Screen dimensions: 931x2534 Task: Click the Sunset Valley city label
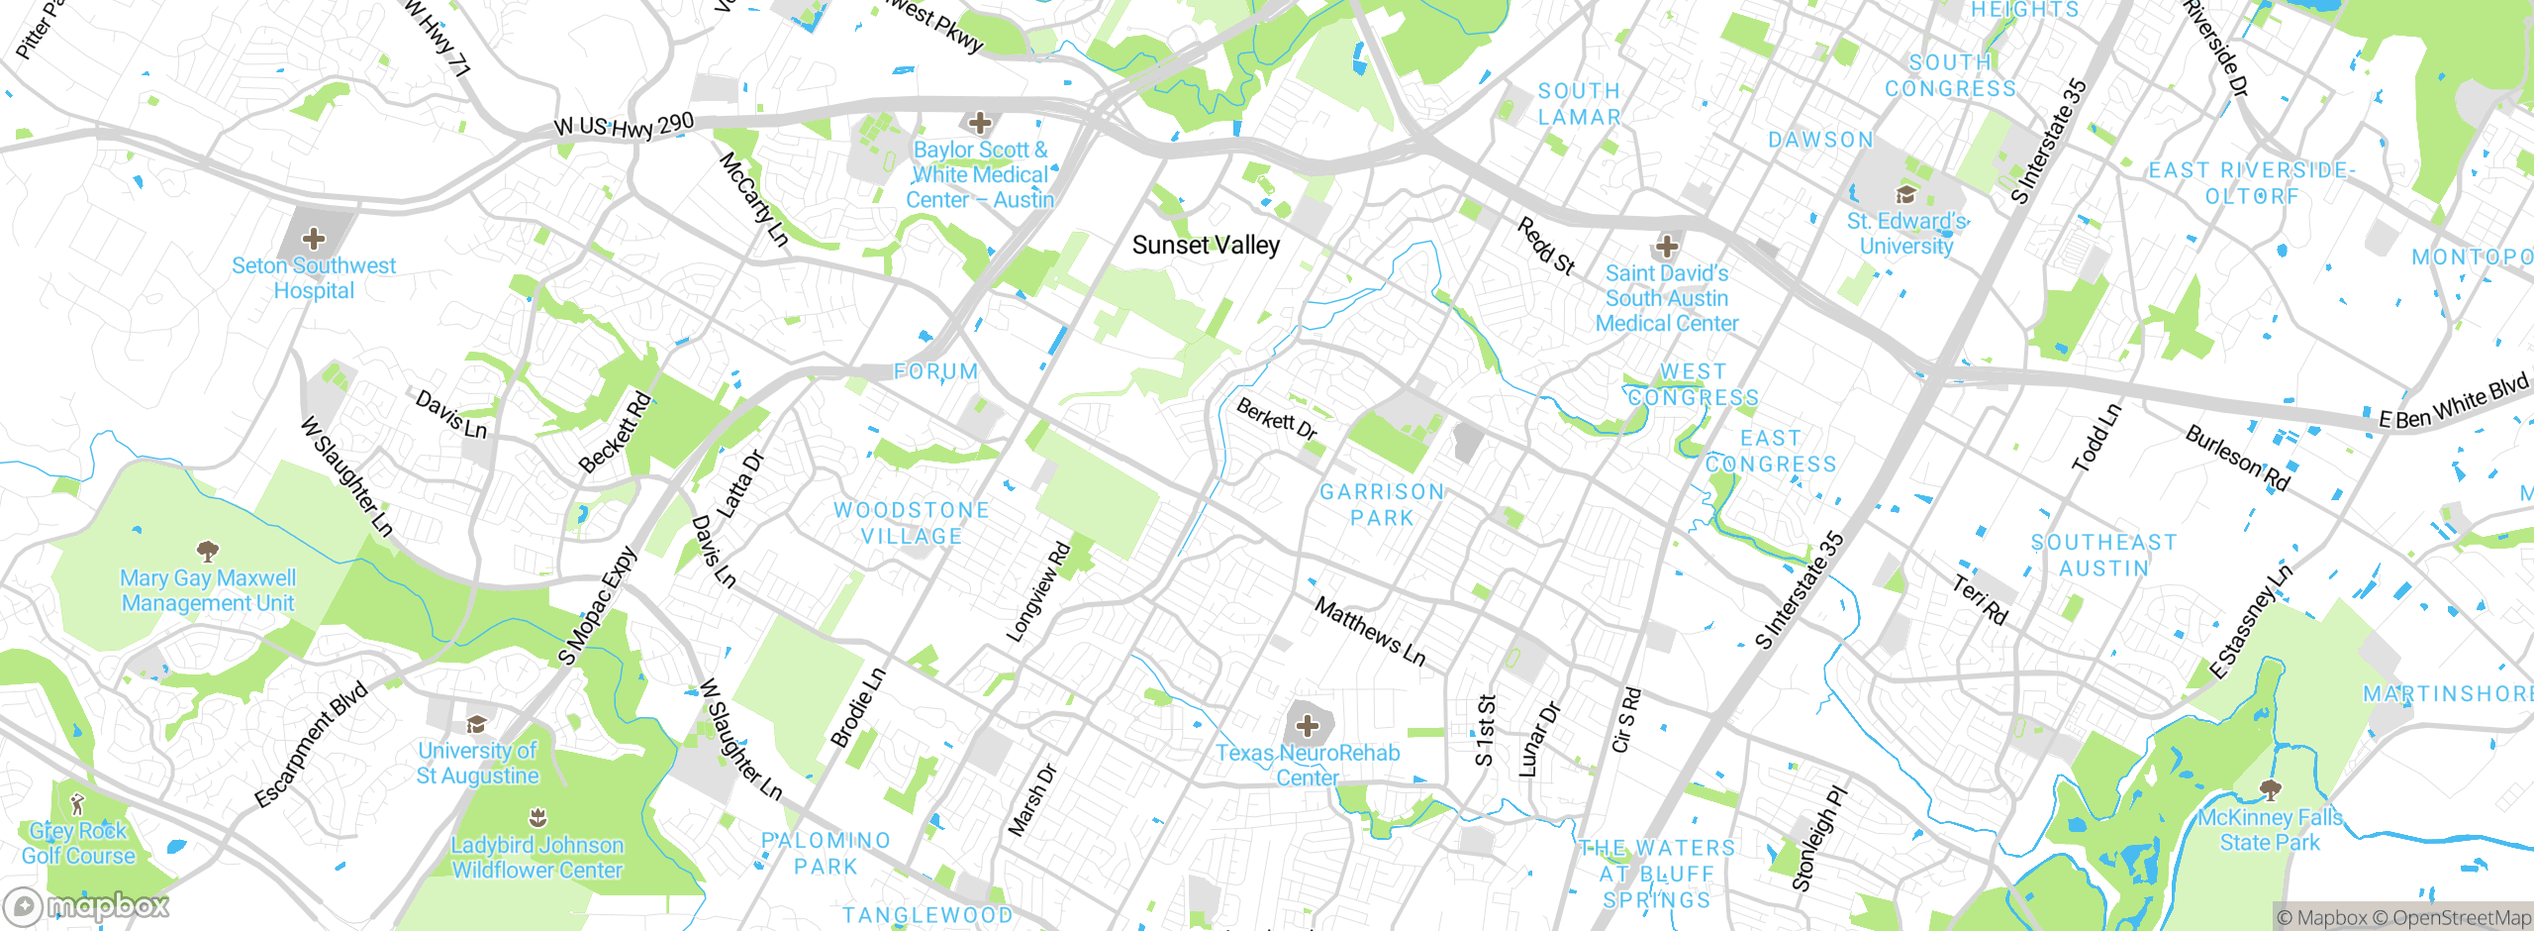(x=1206, y=245)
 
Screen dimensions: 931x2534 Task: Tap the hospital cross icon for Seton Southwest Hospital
(x=314, y=239)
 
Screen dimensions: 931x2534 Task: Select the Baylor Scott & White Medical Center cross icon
(x=980, y=123)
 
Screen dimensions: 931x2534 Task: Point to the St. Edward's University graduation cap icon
(x=1905, y=194)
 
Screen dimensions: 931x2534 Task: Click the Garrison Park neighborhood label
(x=1382, y=504)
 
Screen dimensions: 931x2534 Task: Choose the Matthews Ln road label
(x=1370, y=631)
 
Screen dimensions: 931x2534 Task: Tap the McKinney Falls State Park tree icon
(x=2270, y=789)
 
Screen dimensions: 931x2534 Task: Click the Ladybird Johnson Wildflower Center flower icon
(x=537, y=817)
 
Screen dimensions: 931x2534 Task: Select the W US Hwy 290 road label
(x=624, y=127)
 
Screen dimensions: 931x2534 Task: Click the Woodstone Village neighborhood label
(x=911, y=523)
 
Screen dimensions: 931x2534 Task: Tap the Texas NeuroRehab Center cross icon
(x=1308, y=726)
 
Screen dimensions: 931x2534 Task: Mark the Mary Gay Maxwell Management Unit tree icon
(x=207, y=550)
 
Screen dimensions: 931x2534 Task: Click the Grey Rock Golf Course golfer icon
(x=78, y=803)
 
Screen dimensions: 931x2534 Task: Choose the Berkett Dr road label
(x=1277, y=419)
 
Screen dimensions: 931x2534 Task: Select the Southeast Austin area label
(x=2103, y=555)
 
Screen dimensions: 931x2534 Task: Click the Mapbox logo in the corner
(x=87, y=905)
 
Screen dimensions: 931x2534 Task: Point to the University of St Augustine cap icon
(x=477, y=724)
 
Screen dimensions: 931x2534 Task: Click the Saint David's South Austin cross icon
(x=1667, y=246)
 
